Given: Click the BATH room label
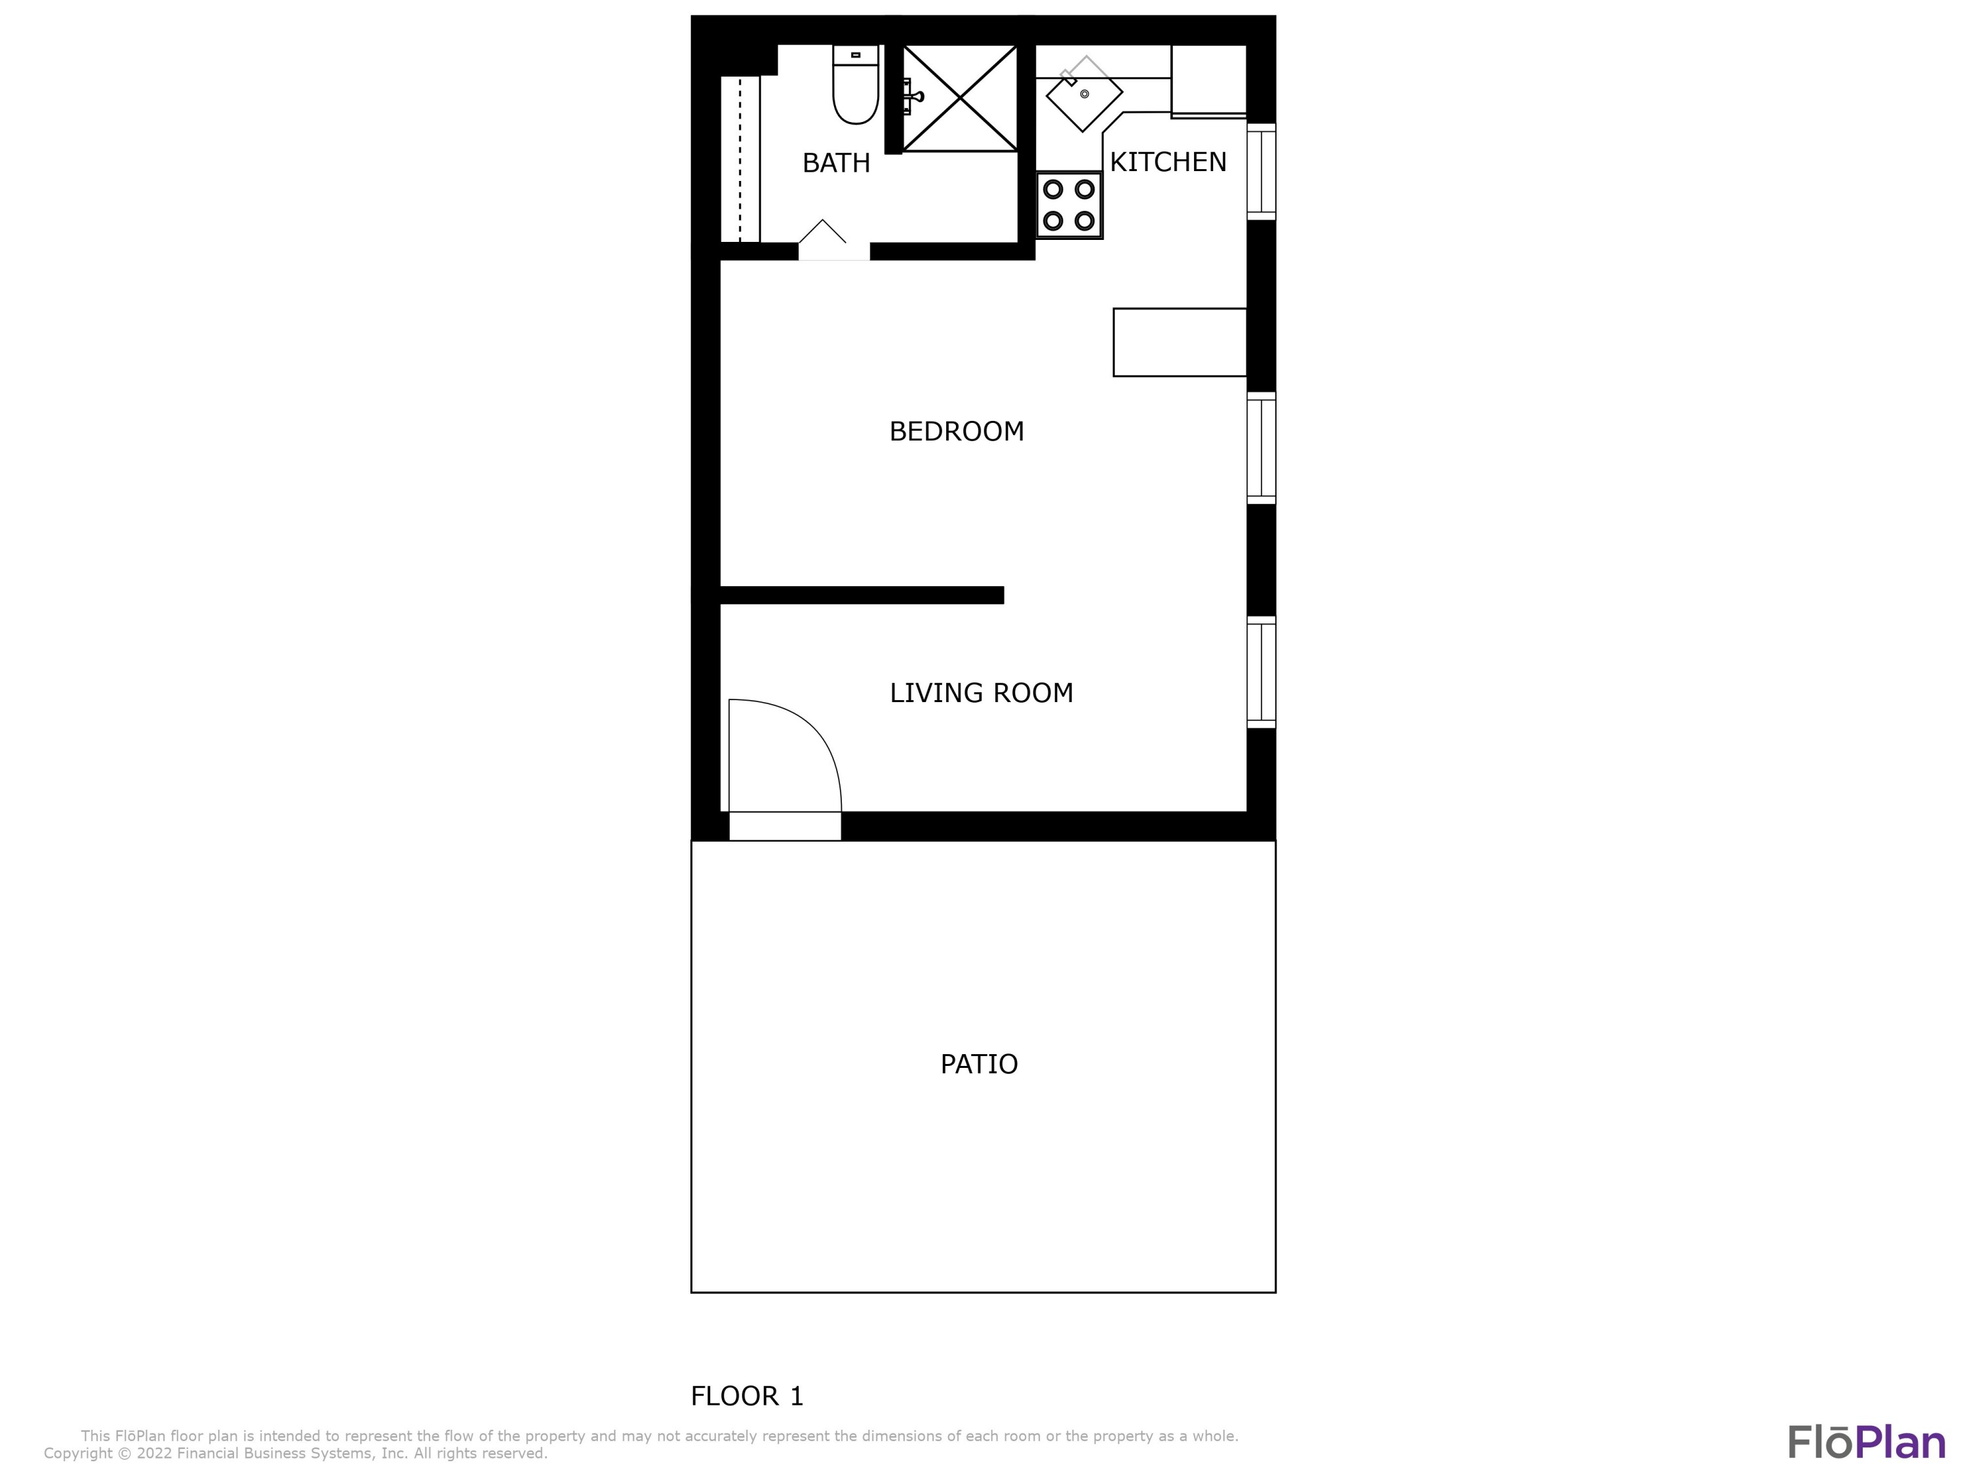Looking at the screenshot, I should point(836,163).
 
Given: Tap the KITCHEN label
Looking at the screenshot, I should point(1168,162).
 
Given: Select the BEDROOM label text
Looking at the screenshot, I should point(956,431).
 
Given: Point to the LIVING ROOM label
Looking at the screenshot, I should point(981,693).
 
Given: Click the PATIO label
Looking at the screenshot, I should point(978,1064).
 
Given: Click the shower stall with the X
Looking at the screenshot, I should point(961,98).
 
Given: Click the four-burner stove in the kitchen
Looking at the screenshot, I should point(1069,205).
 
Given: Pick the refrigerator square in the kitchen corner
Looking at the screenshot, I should point(1208,80).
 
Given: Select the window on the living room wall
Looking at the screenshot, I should point(1261,672).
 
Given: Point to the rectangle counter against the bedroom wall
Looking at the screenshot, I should point(1179,342).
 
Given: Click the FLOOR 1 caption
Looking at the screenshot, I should point(747,1396).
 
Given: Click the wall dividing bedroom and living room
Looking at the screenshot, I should point(861,595).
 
